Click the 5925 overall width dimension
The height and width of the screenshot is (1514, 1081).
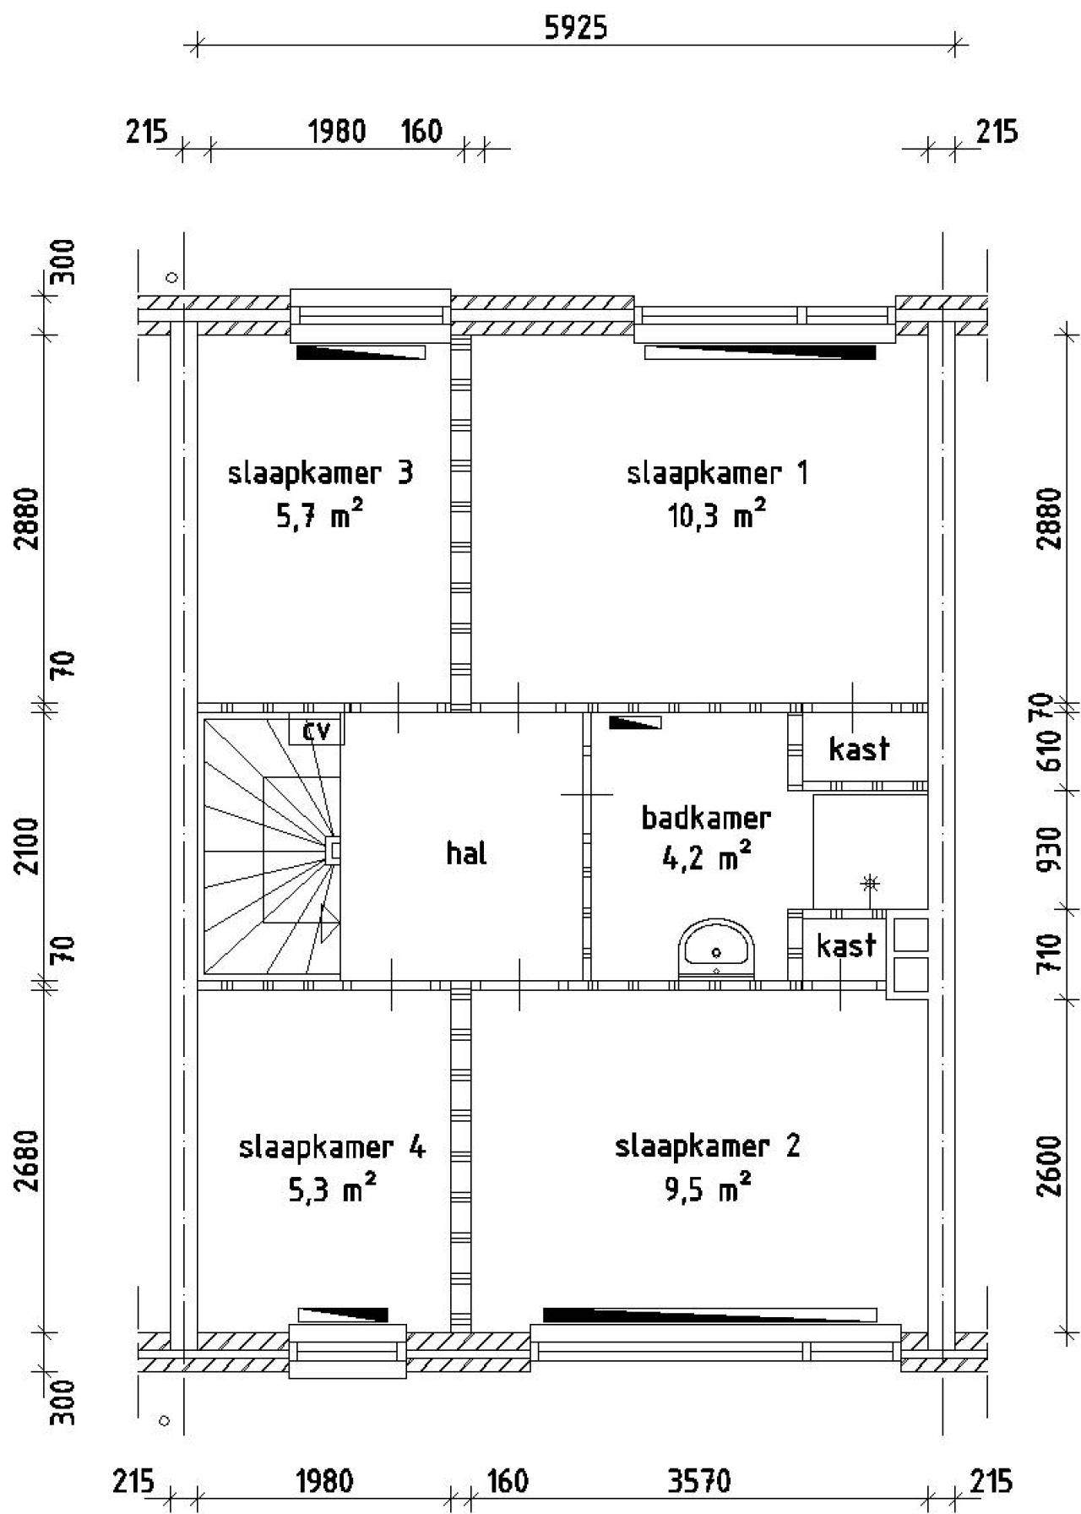tap(576, 29)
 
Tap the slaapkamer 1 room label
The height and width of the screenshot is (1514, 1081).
tap(717, 473)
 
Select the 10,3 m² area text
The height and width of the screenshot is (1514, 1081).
tap(716, 514)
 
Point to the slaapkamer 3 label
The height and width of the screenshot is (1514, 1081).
tap(321, 473)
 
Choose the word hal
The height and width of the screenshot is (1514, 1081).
tap(466, 853)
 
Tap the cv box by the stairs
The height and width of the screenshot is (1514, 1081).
tap(317, 730)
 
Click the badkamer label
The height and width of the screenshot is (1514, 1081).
tap(706, 818)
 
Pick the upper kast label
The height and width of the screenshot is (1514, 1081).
tap(859, 749)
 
